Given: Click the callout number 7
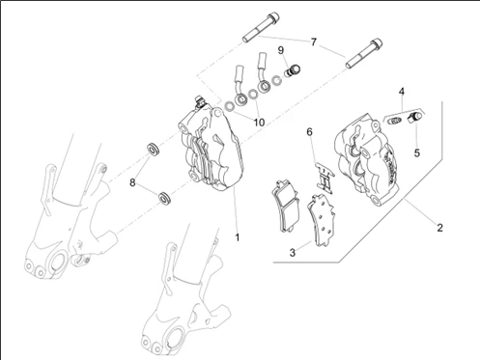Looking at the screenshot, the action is tap(314, 42).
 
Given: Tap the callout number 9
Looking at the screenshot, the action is tap(281, 50).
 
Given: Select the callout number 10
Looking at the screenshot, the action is tap(259, 123).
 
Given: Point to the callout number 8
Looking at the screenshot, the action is tap(132, 182).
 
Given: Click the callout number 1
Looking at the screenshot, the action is tap(238, 237).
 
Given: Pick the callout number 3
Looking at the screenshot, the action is tap(293, 253).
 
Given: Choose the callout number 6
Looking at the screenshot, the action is tap(309, 132).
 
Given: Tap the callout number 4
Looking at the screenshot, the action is tap(402, 92).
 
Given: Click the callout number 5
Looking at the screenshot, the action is tap(417, 152).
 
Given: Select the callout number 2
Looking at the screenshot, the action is tap(440, 228).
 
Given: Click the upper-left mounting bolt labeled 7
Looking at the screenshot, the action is tap(261, 27).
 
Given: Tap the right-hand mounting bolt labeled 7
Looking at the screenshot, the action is tap(364, 54).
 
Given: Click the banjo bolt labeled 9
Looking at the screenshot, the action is tap(293, 71).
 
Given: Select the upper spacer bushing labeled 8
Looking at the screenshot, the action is tap(153, 150).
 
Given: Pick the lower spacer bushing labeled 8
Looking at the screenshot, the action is tap(164, 197).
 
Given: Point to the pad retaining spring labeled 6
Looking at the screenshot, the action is tap(325, 178).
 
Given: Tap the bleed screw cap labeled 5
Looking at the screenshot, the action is tap(414, 118).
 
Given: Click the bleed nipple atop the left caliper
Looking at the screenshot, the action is tap(199, 100).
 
